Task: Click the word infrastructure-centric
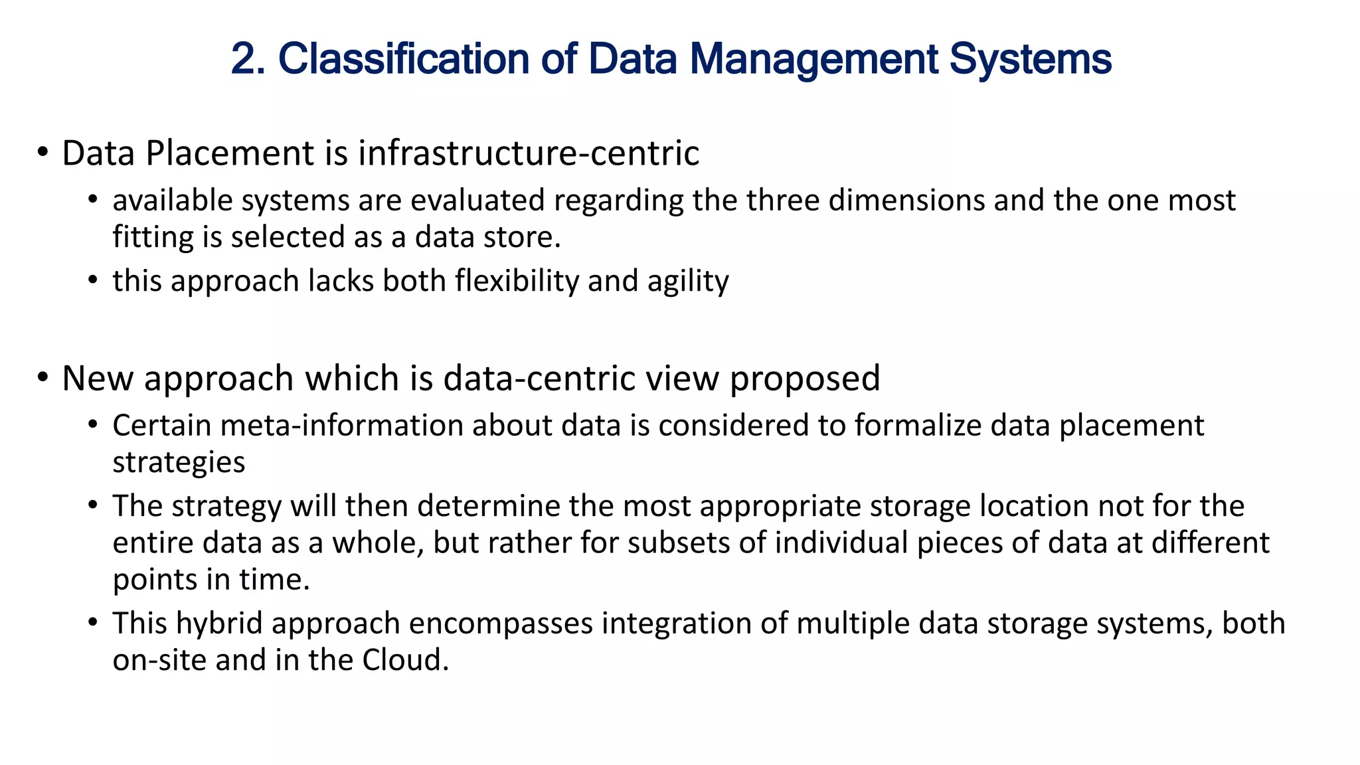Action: tap(529, 153)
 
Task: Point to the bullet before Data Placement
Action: tap(43, 153)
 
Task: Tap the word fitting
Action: tap(153, 237)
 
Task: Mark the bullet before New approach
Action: tap(43, 378)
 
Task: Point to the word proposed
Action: tap(805, 379)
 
